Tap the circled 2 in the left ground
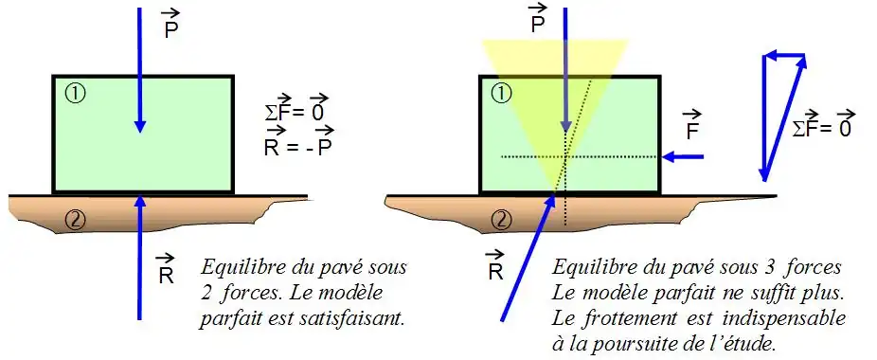[76, 221]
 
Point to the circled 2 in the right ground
[502, 221]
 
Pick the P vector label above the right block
[538, 19]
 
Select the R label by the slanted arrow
[495, 265]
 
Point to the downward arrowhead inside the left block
[140, 125]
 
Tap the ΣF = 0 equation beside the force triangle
[822, 125]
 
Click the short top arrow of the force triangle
[785, 56]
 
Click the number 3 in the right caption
[783, 268]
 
